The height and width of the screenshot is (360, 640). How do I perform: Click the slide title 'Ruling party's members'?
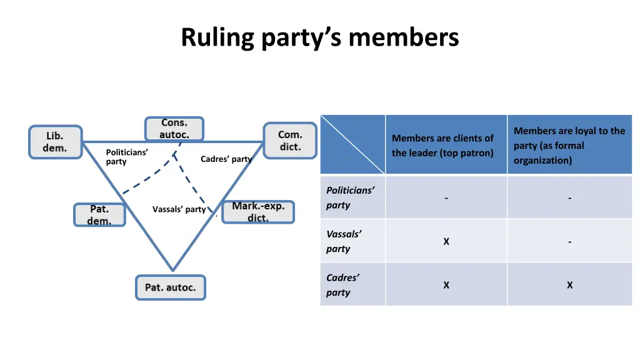coord(320,37)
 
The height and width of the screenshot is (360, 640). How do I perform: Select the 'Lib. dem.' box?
coord(55,142)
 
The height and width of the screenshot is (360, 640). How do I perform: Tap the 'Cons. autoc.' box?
coord(174,129)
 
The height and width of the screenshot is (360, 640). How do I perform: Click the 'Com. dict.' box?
coord(289,141)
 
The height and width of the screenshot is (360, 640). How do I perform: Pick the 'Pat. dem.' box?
coord(99,215)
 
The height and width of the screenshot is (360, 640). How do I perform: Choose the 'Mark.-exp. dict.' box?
coord(258,212)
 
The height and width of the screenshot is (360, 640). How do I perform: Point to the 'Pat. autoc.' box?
coord(171,287)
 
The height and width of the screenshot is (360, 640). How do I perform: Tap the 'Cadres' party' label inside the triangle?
coord(226,159)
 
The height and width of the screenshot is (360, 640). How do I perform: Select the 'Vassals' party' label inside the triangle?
coord(179,209)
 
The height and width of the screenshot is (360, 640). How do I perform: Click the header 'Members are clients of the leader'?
coord(442,146)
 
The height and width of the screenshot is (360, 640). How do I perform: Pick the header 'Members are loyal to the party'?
coord(569,146)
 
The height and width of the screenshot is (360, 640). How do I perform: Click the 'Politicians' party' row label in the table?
coord(350,197)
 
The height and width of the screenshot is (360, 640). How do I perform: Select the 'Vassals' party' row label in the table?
coord(344,241)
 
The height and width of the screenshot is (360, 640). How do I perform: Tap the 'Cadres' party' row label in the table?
coord(342,285)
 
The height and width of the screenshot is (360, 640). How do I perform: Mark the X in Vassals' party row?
coord(446,241)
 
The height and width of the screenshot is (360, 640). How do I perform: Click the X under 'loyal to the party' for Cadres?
coord(569,285)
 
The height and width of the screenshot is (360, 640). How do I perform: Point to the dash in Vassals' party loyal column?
coord(569,241)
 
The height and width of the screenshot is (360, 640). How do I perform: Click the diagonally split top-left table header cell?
coord(352,144)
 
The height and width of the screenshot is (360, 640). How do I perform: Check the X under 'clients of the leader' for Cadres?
coord(446,285)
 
